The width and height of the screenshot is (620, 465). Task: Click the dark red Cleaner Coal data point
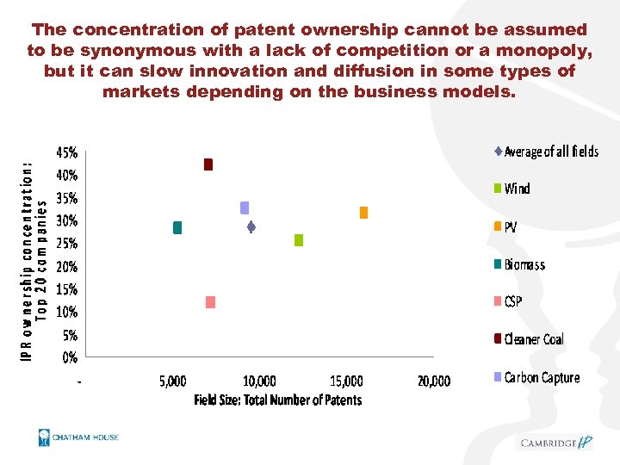coord(208,164)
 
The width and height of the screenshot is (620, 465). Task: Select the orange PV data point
coord(363,212)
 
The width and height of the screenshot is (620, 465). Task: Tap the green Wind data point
coord(299,240)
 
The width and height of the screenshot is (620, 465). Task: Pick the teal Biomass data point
coord(177,227)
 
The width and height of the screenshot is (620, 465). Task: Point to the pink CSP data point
coord(210,301)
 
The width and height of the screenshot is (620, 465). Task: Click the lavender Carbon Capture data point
coord(245,208)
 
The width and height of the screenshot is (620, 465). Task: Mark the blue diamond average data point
coord(251,227)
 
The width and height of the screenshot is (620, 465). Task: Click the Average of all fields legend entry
coord(550,152)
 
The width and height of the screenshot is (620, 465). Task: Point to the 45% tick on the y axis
coord(67,153)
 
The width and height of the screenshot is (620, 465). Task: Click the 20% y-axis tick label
coord(67,267)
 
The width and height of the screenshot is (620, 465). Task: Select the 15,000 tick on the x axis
coord(346,381)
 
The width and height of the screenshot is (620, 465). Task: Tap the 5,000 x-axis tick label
coord(173,381)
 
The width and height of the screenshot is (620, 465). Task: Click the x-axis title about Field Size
coord(277,400)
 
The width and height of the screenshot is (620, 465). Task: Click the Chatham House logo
coord(78,438)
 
